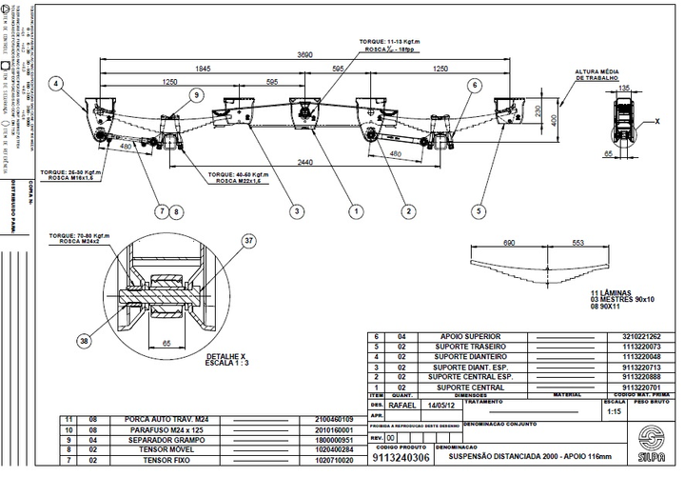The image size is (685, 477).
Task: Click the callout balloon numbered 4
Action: pos(57,85)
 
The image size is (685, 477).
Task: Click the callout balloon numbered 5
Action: pos(479,210)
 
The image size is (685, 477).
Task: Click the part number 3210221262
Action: pos(646,336)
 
